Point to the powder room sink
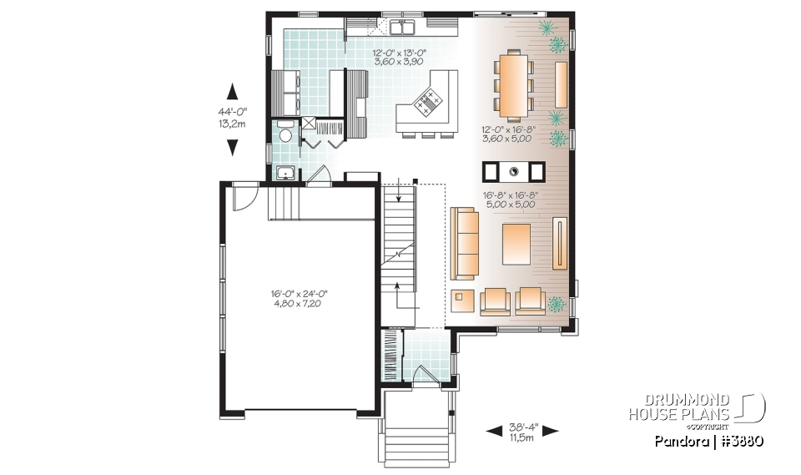pos(285,174)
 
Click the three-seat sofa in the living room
pos(465,243)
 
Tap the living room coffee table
pos(516,243)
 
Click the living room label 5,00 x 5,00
pos(510,205)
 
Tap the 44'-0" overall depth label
pos(232,111)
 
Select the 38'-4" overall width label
pos(521,429)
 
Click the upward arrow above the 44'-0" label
pos(232,91)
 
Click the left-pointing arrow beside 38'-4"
pos(493,431)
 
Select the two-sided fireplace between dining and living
pos(513,171)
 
